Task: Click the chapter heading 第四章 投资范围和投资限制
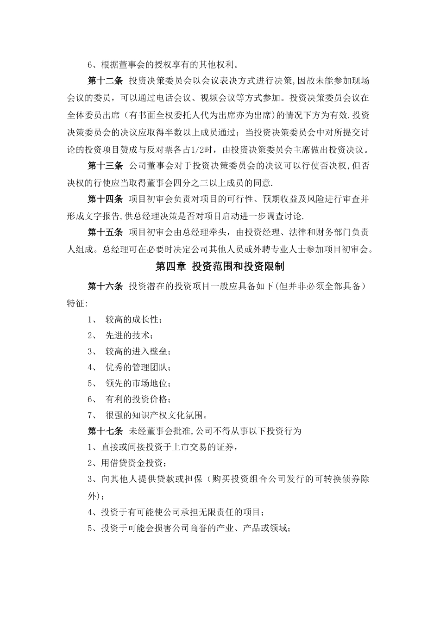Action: pos(220,267)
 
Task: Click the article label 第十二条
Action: pos(105,81)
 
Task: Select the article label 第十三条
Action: pos(105,166)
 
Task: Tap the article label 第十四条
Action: pos(105,199)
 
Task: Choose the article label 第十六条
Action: pos(105,286)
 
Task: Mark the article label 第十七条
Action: pos(105,431)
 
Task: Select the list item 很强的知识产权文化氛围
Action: pos(157,415)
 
